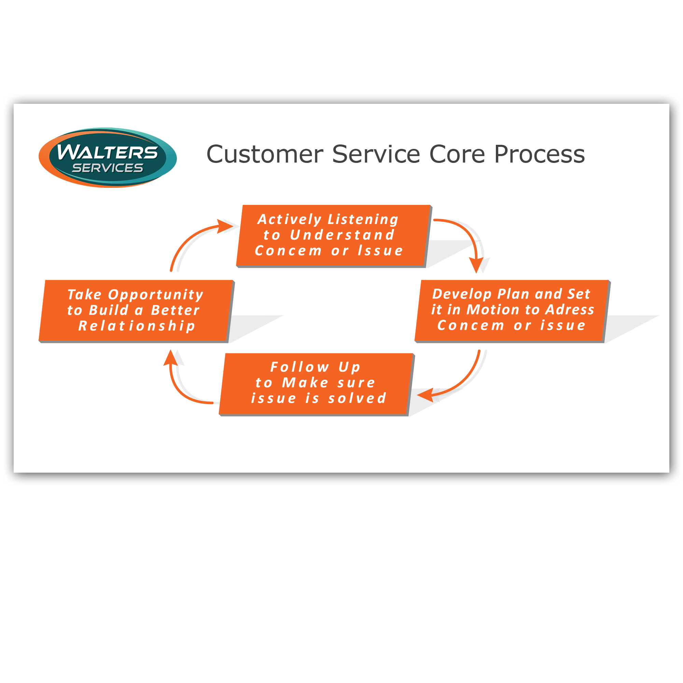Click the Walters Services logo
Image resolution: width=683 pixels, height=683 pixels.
108,158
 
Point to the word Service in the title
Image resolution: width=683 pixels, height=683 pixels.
376,154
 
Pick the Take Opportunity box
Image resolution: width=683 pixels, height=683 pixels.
136,310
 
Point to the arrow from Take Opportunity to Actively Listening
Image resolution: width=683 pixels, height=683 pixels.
191,240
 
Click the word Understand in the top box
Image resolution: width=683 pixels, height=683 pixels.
342,235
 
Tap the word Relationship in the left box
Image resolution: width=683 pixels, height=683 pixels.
137,326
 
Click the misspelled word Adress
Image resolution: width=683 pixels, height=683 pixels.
570,310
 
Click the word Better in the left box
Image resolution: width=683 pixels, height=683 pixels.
175,310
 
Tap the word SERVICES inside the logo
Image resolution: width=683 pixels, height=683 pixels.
108,168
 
